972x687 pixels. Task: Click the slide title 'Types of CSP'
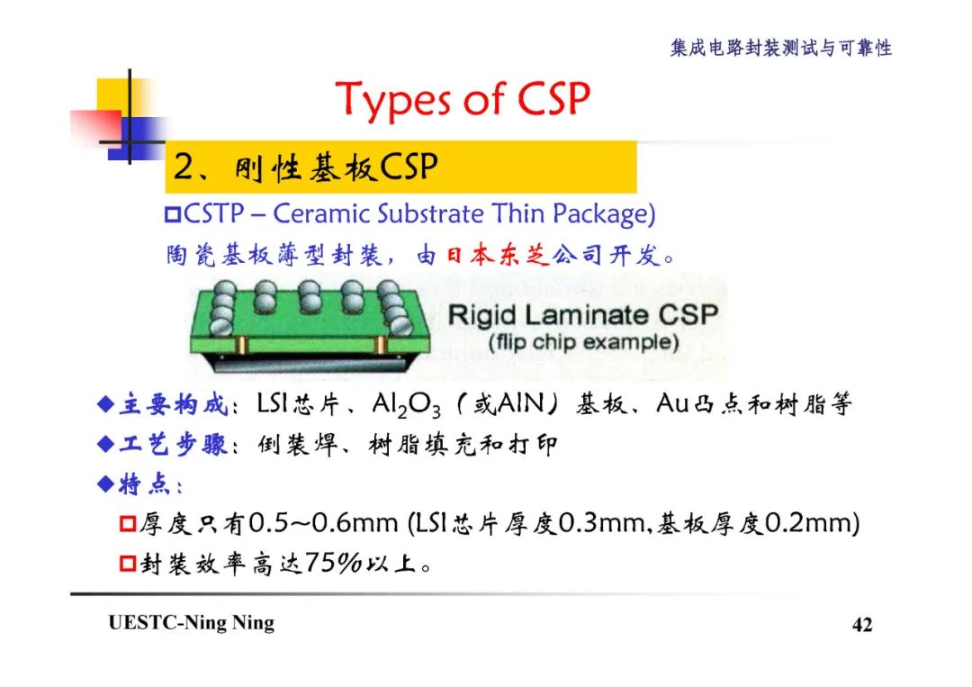click(463, 99)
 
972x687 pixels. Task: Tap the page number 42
click(861, 625)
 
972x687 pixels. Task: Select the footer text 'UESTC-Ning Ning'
click(191, 623)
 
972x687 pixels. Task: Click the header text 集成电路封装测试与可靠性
click(780, 48)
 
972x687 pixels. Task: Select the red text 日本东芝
click(497, 256)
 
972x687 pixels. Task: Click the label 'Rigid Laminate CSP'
click(582, 315)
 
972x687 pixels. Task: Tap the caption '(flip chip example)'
click(582, 342)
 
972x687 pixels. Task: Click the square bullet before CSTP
click(173, 215)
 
